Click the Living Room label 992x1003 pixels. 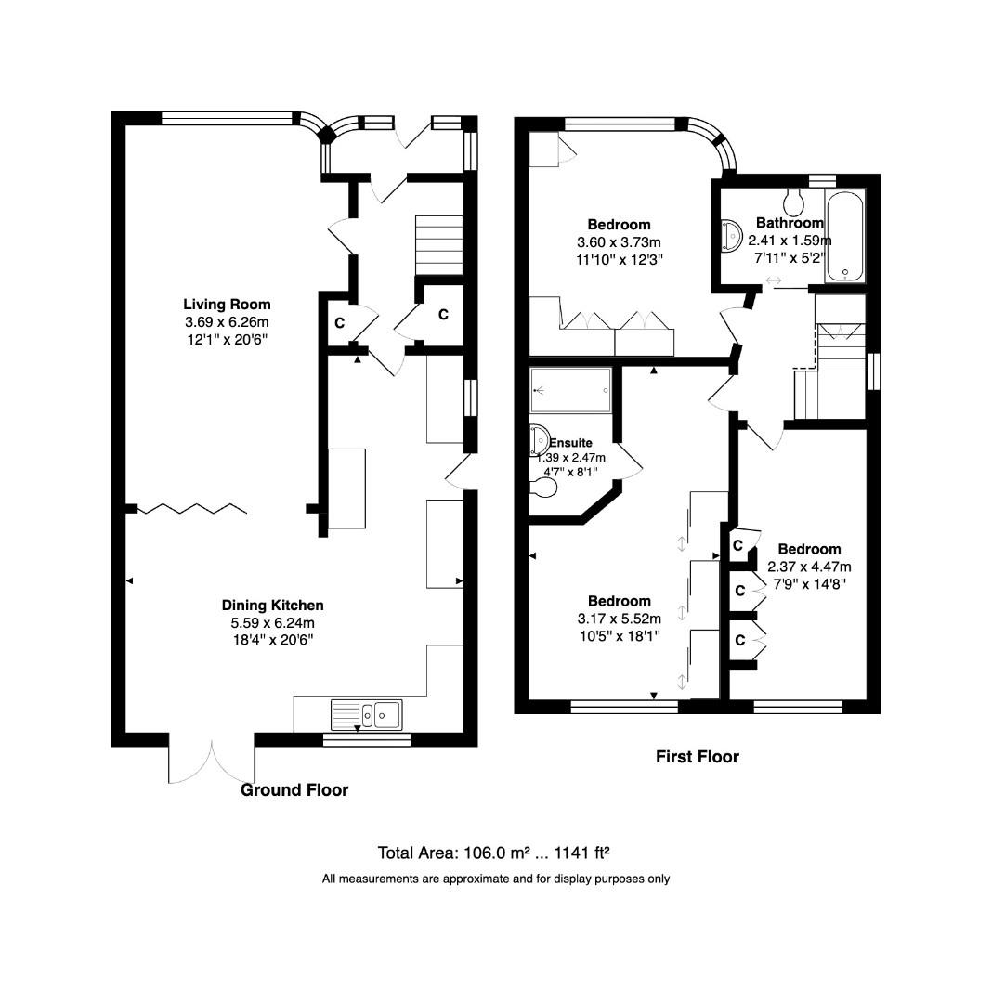tap(227, 304)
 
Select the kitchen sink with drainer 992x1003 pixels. tap(366, 714)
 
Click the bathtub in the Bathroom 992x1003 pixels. tap(844, 235)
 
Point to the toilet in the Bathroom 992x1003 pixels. tap(794, 200)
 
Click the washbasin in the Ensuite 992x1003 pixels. tap(539, 441)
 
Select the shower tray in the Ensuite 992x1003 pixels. tap(570, 389)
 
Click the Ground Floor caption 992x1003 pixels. tap(294, 790)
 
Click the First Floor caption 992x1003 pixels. tap(697, 757)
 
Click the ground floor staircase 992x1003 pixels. tap(438, 244)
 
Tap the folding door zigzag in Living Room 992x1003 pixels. tap(193, 508)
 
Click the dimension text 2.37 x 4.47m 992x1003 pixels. tap(809, 566)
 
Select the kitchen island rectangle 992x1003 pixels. tap(347, 488)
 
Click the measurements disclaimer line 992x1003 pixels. tap(495, 879)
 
